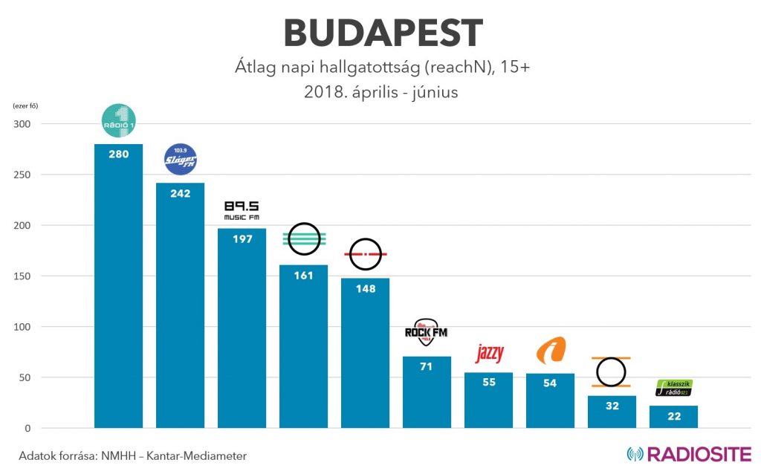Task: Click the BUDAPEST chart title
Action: tap(383, 33)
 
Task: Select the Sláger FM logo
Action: tap(181, 160)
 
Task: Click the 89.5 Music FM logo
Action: tap(242, 210)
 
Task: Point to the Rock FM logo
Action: tap(426, 332)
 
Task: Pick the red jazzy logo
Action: tap(488, 354)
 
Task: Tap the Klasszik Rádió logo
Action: tap(673, 387)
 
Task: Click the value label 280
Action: tap(119, 155)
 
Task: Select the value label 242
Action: tap(181, 193)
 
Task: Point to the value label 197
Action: tap(242, 239)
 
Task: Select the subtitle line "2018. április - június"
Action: tap(381, 93)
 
